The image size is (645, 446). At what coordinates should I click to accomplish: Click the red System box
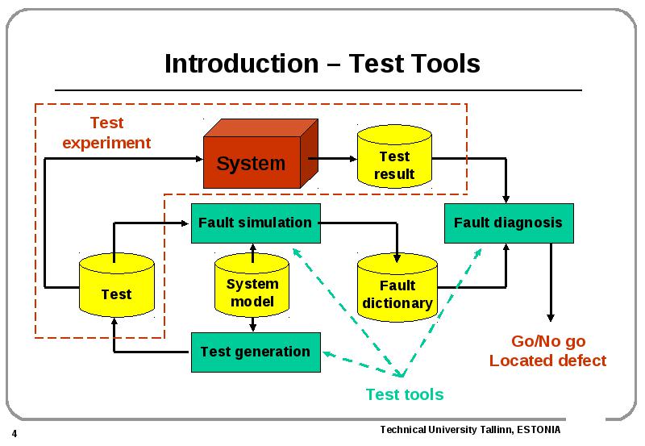click(260, 154)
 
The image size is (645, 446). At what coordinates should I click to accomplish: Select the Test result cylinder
click(394, 156)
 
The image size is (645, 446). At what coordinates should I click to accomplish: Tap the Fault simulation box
click(256, 223)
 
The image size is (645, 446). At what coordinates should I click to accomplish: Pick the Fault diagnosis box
click(509, 223)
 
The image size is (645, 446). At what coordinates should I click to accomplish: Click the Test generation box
click(256, 352)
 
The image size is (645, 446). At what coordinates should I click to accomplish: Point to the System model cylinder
click(252, 286)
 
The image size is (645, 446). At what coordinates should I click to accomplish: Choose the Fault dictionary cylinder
click(397, 288)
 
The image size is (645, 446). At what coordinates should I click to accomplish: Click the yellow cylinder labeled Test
click(117, 286)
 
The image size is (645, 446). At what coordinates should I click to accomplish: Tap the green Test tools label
click(405, 394)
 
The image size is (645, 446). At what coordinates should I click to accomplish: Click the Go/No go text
click(548, 341)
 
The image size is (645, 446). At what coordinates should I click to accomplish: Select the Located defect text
click(548, 361)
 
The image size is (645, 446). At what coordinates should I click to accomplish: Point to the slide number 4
click(15, 434)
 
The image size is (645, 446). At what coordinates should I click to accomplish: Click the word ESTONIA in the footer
click(539, 430)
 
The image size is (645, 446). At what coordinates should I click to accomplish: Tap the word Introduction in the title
click(242, 64)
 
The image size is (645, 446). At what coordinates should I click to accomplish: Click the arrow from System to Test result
click(332, 158)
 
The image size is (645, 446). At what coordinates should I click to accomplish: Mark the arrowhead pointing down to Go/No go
click(551, 318)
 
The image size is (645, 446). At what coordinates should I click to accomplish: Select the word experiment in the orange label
click(106, 144)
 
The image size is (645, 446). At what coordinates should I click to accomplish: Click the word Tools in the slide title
click(446, 64)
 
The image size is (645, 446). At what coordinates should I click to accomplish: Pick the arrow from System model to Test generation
click(252, 324)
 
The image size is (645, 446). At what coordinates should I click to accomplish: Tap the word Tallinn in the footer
click(495, 430)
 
